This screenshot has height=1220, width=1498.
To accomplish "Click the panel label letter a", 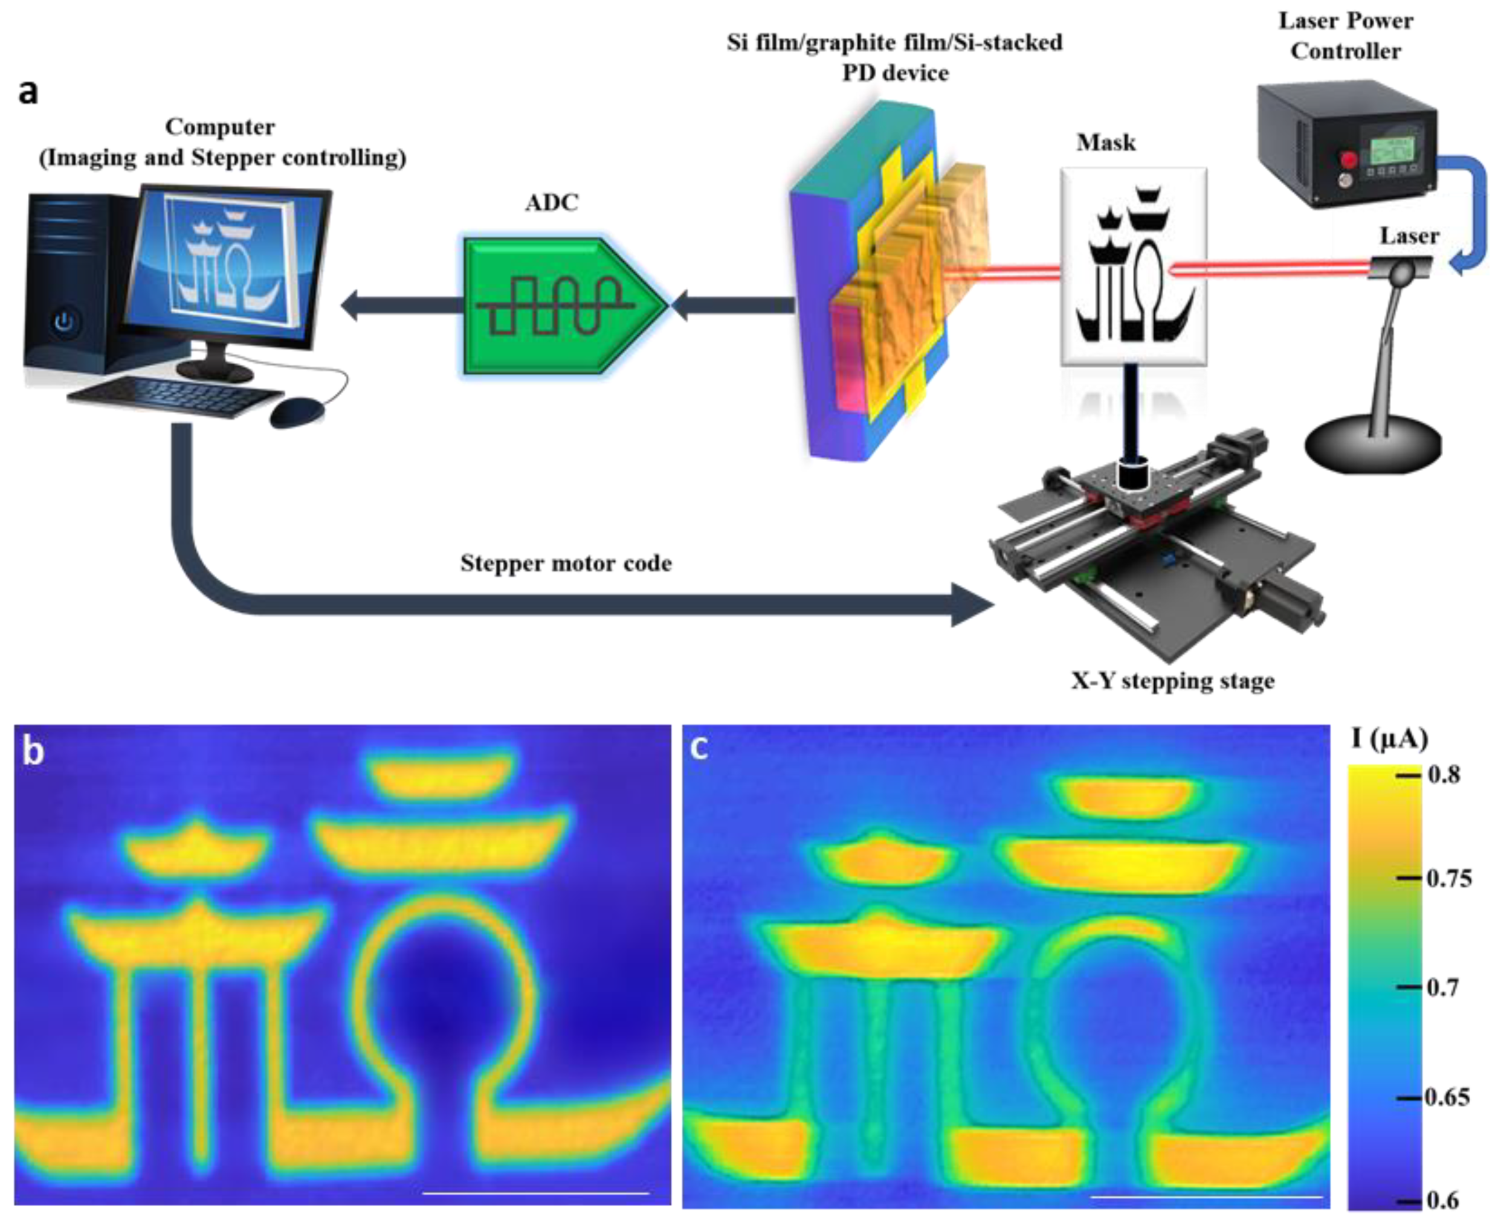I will pos(28,92).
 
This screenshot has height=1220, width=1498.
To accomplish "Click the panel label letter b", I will pos(33,751).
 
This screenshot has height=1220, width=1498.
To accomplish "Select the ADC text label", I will pos(552,202).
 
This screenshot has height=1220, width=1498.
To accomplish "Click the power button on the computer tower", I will pos(64,323).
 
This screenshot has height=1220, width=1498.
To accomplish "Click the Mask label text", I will pos(1106,143).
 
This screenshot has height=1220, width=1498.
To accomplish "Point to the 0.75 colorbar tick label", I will pos(1450,878).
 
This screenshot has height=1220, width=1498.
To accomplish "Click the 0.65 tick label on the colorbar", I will pos(1448,1097).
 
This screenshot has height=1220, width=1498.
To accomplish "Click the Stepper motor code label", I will pos(566,563).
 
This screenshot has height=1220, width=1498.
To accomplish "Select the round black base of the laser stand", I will pos(1373,447).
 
